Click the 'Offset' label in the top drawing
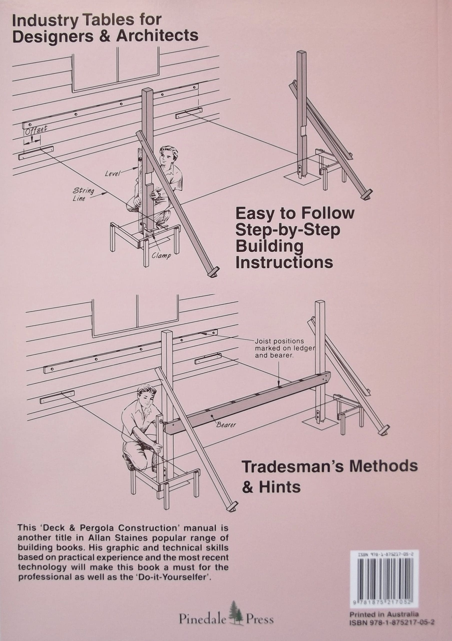[x=36, y=130]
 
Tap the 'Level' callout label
[x=112, y=173]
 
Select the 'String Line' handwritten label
[x=83, y=194]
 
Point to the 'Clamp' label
[x=161, y=255]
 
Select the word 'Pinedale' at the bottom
[x=202, y=612]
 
